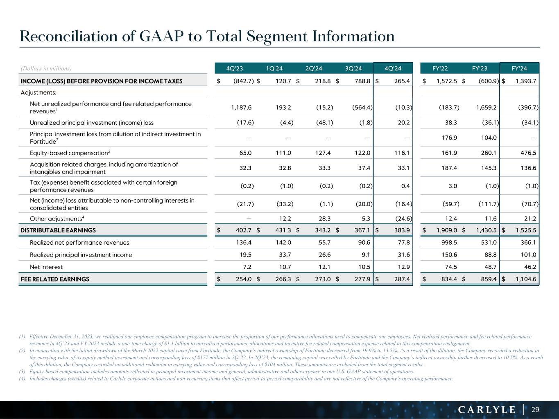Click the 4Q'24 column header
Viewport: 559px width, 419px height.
[393, 68]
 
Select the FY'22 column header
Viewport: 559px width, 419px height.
[441, 68]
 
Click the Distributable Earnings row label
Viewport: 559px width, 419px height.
[58, 230]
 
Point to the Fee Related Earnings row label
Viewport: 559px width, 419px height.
[55, 279]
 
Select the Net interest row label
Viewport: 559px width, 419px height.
[46, 267]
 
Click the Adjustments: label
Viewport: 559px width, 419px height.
[38, 92]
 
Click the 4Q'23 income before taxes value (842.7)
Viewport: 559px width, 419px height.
[243, 81]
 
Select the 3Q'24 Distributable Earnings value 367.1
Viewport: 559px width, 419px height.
[362, 230]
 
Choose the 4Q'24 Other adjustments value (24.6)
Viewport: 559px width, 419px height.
[403, 219]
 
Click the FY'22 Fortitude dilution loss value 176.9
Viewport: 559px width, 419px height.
[448, 138]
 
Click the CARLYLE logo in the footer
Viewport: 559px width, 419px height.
[487, 410]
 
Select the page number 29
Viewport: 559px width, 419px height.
[535, 410]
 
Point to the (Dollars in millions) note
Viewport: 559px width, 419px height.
[46, 68]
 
